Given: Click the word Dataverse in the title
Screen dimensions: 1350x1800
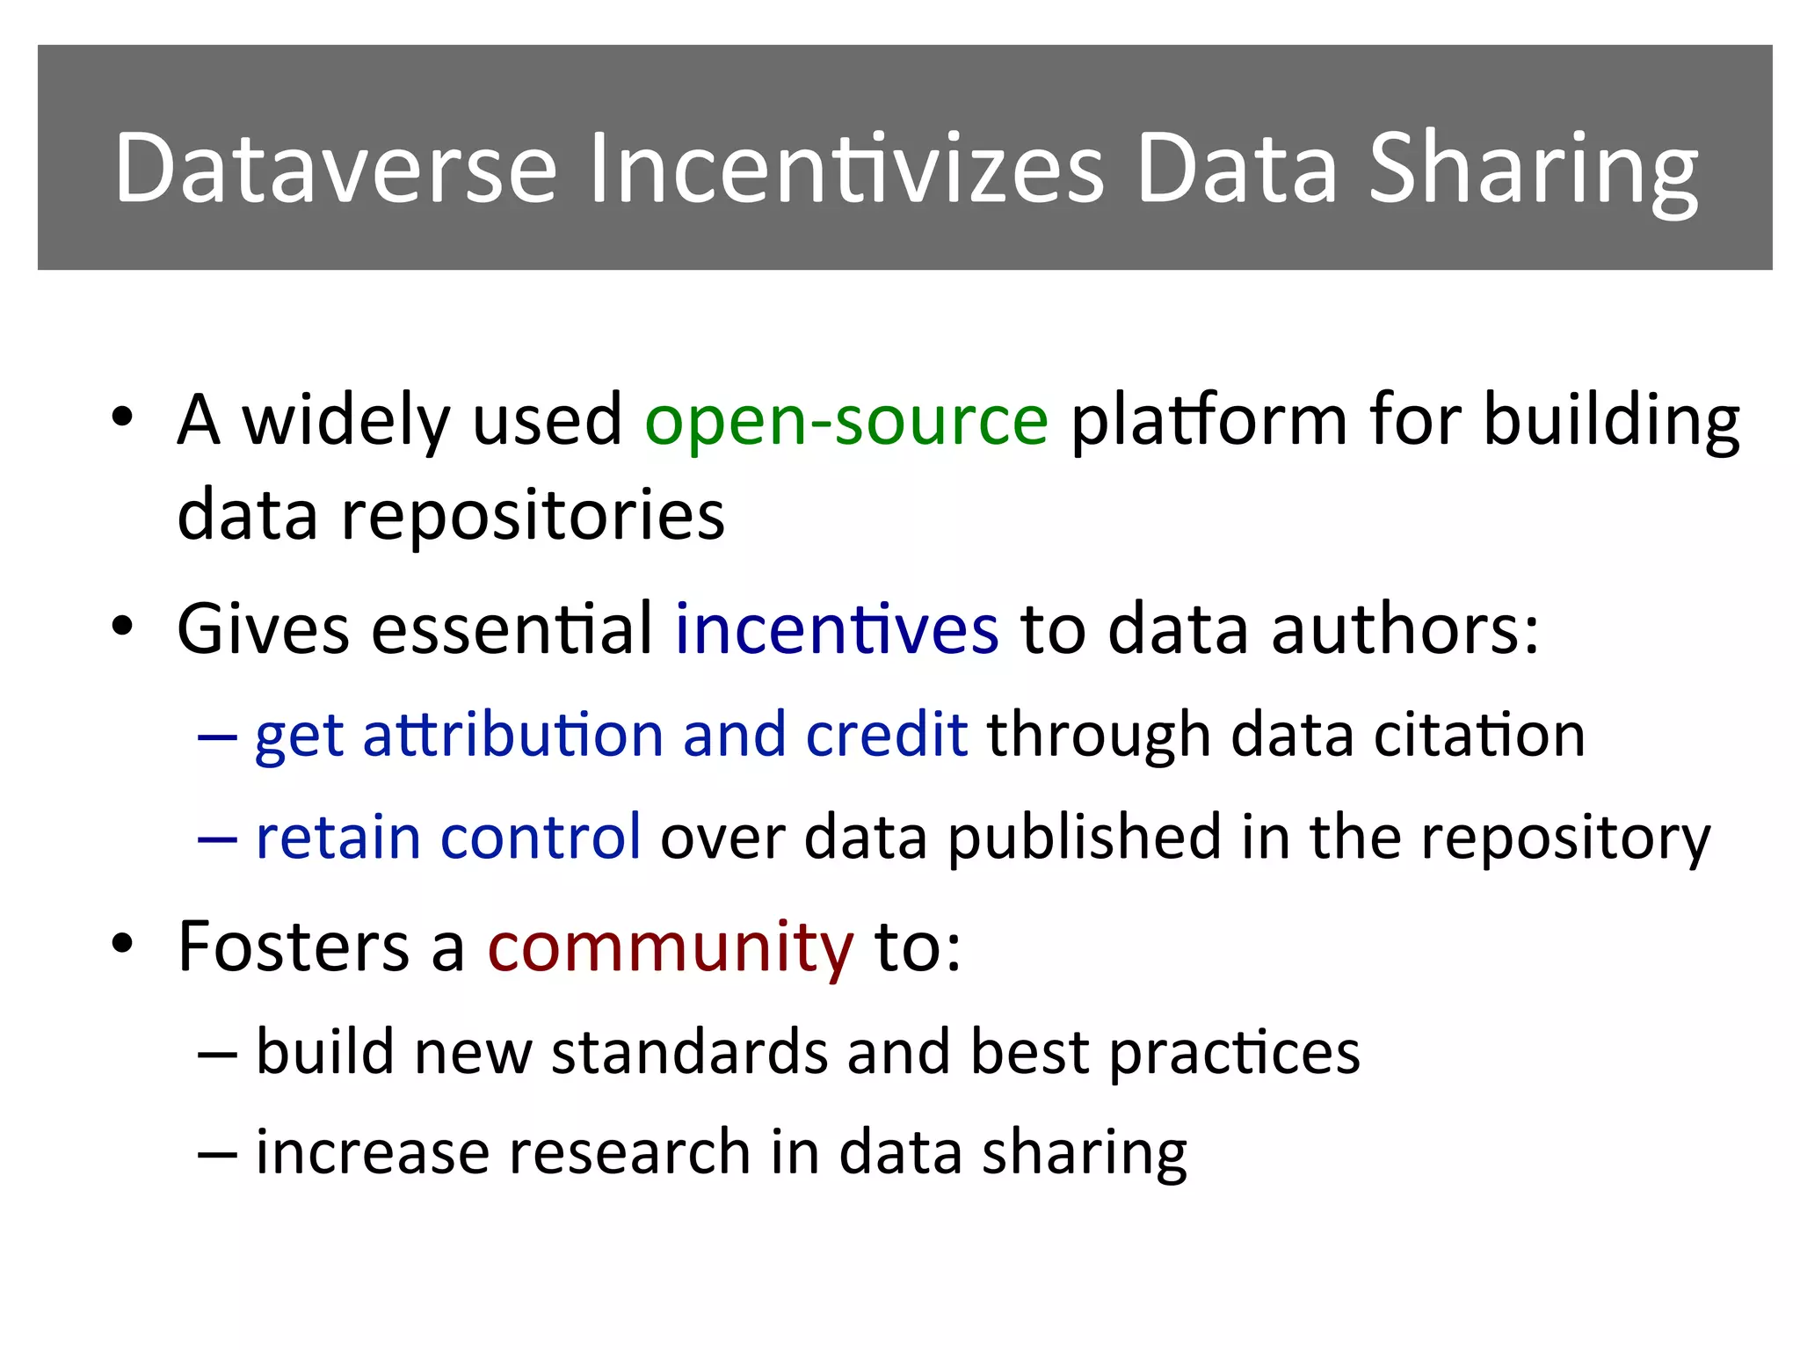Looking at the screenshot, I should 336,167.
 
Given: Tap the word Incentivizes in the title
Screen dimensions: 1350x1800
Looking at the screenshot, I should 846,167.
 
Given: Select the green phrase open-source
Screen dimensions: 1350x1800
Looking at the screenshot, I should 846,420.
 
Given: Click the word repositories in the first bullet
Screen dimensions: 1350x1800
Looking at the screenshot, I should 533,516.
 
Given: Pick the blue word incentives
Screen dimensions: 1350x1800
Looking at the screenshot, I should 837,628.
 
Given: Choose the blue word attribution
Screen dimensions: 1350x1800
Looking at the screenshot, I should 512,734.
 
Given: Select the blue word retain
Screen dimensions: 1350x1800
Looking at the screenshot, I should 337,837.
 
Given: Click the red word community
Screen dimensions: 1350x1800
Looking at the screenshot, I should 671,947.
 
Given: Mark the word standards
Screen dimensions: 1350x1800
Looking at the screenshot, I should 689,1052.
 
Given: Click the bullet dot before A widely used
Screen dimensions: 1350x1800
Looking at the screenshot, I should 122,417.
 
